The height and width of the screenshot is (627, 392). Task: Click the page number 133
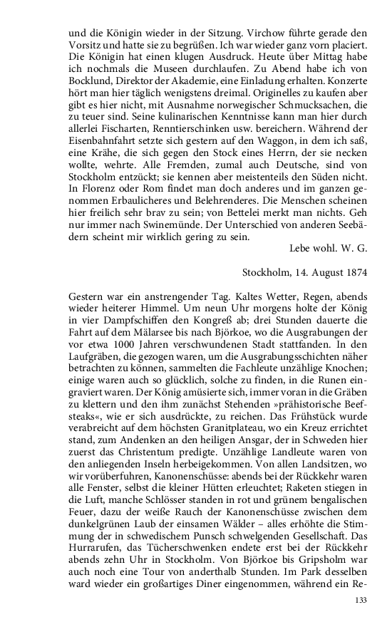pos(361,601)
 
